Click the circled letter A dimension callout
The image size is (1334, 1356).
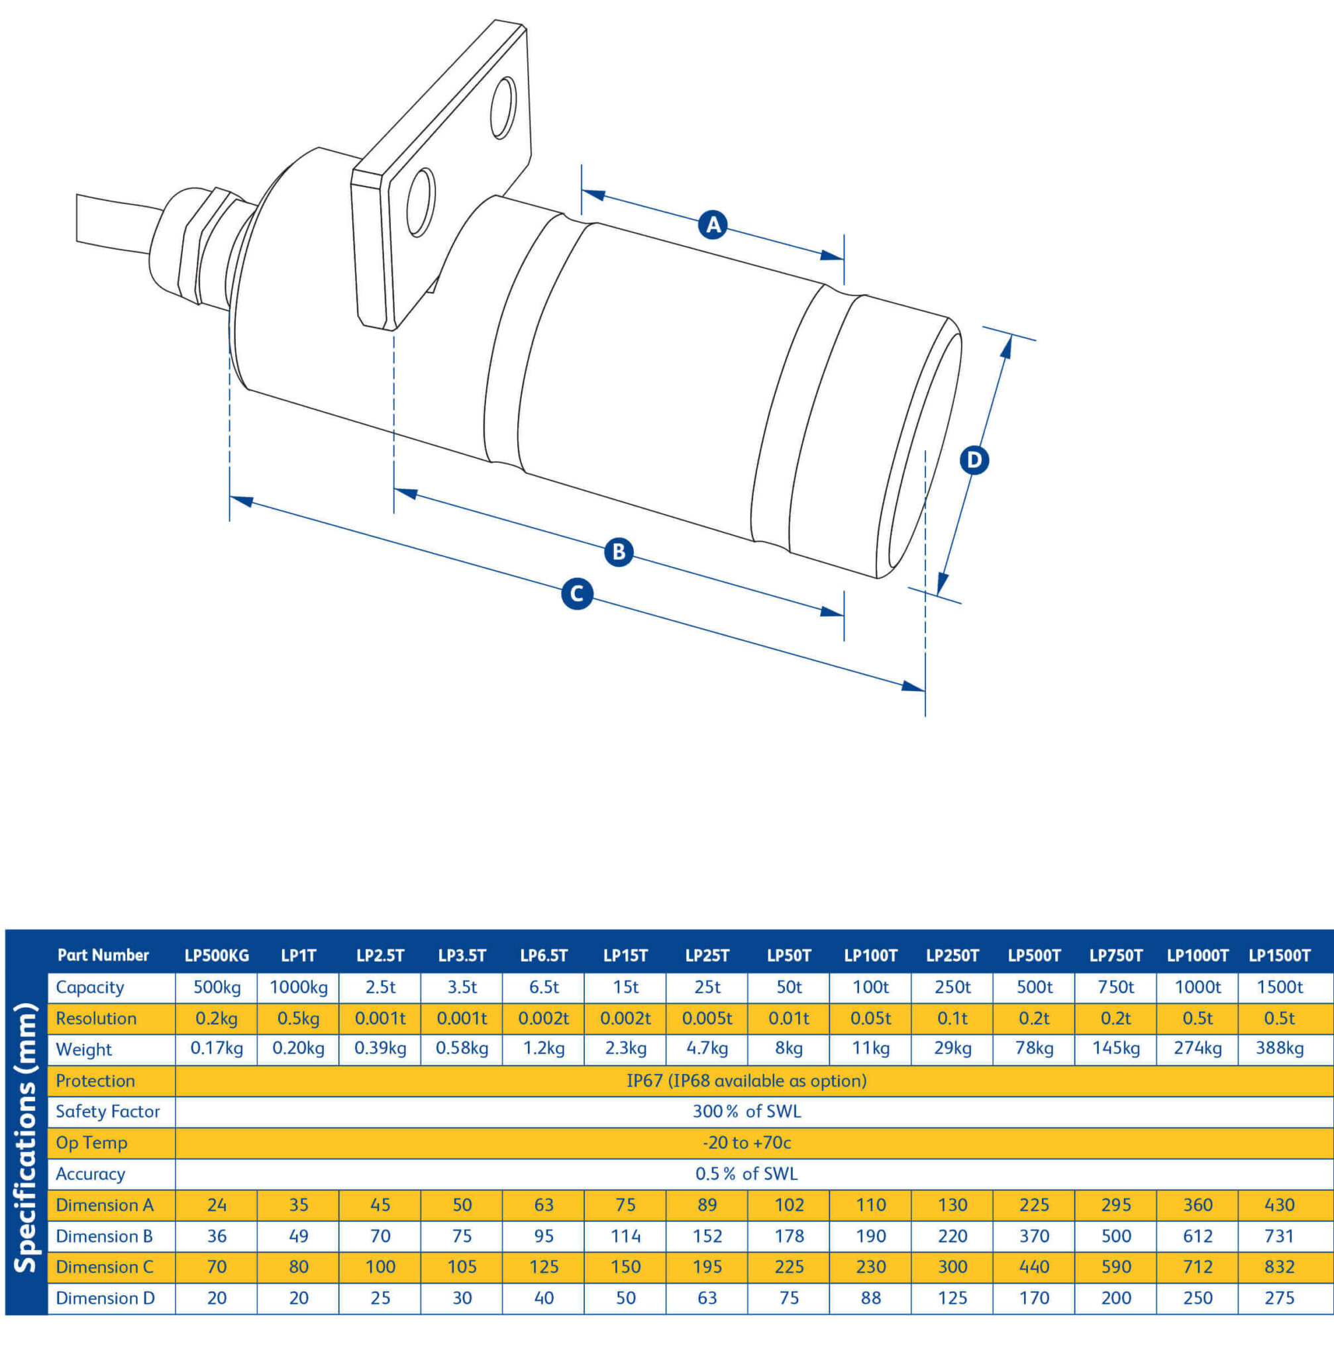[x=713, y=225]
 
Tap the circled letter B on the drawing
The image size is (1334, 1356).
[x=619, y=552]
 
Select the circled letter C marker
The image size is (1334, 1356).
[x=577, y=594]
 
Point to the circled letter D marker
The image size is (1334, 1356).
[x=974, y=460]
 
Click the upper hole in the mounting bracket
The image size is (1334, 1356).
[x=503, y=108]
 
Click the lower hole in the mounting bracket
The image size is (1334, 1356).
[x=421, y=202]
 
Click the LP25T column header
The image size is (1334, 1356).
[x=707, y=955]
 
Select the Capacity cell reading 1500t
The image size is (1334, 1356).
[x=1279, y=987]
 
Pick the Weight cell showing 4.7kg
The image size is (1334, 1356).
[x=707, y=1049]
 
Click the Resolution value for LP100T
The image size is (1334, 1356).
[x=870, y=1018]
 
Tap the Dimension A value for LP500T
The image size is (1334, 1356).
[x=1034, y=1205]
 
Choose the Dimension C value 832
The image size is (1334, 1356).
[x=1279, y=1267]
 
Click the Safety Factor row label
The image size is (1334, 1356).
[x=108, y=1112]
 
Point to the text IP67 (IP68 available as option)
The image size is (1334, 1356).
[x=746, y=1081]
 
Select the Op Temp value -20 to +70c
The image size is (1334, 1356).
[x=746, y=1142]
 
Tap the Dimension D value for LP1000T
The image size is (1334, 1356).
[x=1198, y=1298]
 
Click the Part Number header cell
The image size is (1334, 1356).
[x=103, y=955]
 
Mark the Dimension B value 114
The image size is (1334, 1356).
[x=625, y=1235]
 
